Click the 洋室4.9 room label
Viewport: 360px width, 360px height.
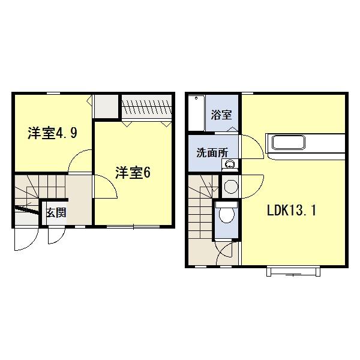52,133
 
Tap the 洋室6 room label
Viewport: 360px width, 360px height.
133,173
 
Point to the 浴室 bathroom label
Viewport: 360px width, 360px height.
222,115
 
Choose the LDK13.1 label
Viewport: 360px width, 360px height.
292,211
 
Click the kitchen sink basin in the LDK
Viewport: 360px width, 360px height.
290,143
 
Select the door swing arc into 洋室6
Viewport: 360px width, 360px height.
105,189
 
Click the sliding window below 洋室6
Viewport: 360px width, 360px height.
134,227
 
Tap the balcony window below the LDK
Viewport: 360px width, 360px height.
292,272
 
